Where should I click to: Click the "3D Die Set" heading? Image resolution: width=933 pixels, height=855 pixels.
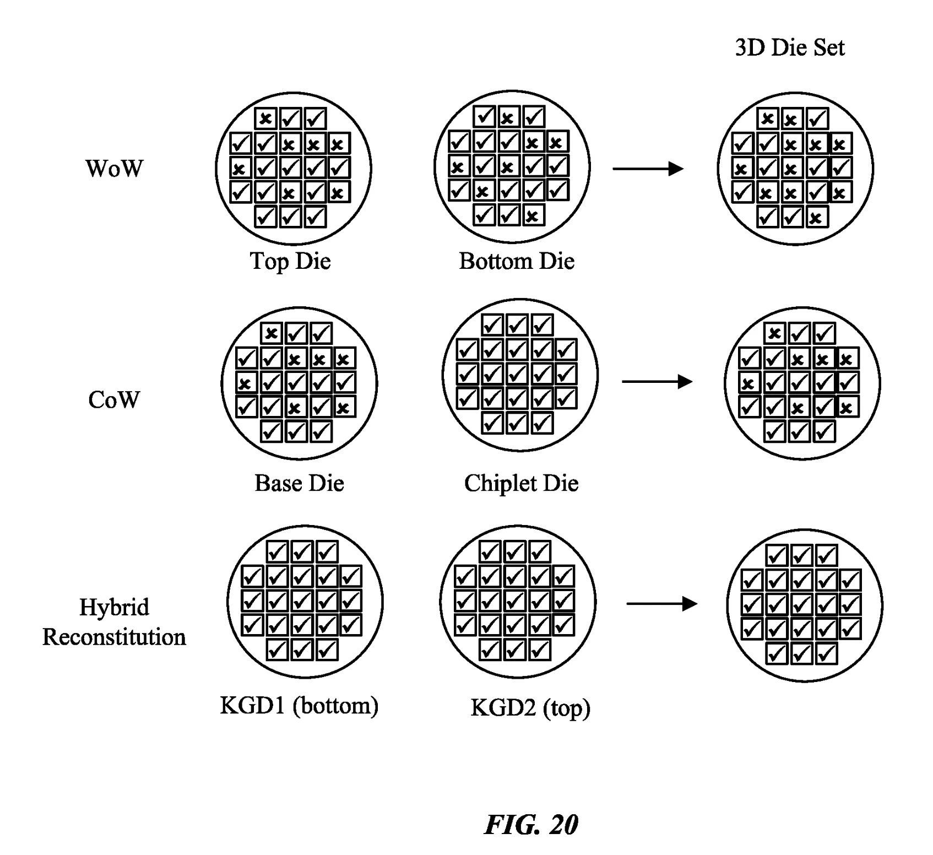coord(789,47)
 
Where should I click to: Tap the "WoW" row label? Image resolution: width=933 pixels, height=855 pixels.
coord(114,168)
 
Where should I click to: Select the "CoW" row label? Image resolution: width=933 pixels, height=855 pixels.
coord(114,399)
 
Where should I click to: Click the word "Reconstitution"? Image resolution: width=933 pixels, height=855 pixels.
coord(114,637)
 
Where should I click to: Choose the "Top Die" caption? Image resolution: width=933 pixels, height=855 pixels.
coord(290,261)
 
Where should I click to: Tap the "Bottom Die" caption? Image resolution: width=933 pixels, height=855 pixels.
coord(517,261)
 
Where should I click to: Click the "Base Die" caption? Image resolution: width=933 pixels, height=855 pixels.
coord(299,483)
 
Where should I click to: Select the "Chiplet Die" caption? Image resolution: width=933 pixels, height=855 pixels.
coord(521,483)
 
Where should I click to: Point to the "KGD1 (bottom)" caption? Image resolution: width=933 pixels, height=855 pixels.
coord(299,706)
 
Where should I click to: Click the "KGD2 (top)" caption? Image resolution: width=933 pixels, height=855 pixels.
coord(530,708)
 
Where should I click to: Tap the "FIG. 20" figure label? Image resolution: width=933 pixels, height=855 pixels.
coord(531,825)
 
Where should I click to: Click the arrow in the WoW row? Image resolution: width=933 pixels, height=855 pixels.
coord(648,169)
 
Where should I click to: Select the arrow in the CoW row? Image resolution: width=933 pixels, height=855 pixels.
coord(657,381)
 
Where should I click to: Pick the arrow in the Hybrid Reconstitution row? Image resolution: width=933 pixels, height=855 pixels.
coord(662,604)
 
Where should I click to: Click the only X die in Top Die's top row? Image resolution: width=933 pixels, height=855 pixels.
coord(266,118)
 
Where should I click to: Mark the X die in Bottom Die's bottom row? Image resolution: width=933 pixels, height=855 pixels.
coord(533,215)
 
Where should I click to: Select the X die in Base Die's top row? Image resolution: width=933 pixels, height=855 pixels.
coord(272,333)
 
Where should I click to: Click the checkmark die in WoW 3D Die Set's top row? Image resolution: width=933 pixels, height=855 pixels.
coord(817,119)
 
